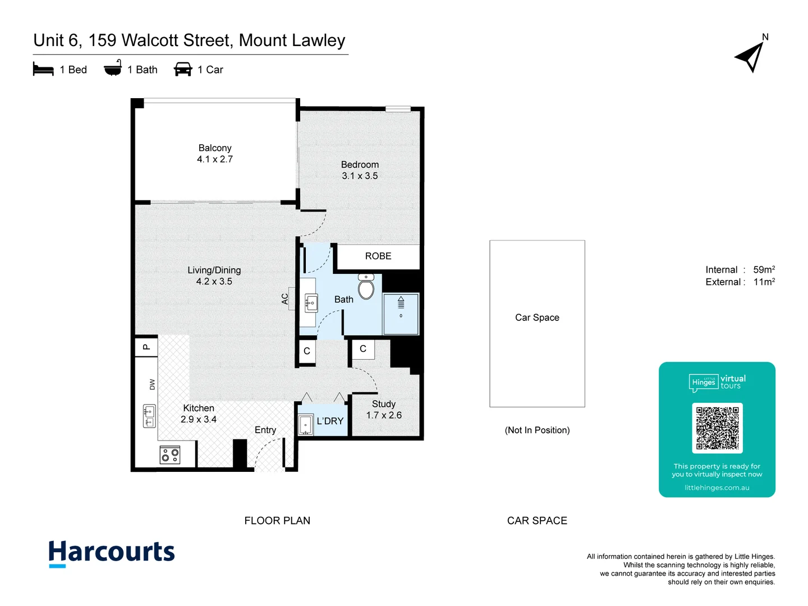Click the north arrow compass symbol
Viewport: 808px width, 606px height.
tap(750, 57)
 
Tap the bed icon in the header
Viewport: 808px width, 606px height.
tap(43, 70)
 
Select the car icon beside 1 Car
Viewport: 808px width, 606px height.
tap(183, 70)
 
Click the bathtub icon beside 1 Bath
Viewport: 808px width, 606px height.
tap(113, 68)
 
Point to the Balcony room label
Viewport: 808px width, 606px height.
tap(215, 148)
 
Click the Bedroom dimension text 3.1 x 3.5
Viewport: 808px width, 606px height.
tap(360, 176)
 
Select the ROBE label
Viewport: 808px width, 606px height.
tap(378, 256)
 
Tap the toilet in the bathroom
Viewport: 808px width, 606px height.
tap(366, 287)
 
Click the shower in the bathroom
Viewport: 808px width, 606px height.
tap(401, 314)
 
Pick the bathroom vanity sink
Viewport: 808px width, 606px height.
tap(311, 304)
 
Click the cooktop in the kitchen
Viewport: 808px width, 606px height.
tap(170, 454)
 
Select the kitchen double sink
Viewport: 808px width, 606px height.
tap(149, 416)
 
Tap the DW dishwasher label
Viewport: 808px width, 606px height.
tap(152, 384)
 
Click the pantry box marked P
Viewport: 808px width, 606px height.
tap(146, 347)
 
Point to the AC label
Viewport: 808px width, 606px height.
tap(285, 299)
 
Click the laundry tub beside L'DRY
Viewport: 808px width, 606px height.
tap(305, 425)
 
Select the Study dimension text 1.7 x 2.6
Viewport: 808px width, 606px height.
tap(384, 415)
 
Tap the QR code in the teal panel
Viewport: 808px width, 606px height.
tap(717, 428)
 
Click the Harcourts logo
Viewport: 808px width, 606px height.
tap(112, 553)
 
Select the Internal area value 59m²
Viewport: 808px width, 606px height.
tap(764, 270)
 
